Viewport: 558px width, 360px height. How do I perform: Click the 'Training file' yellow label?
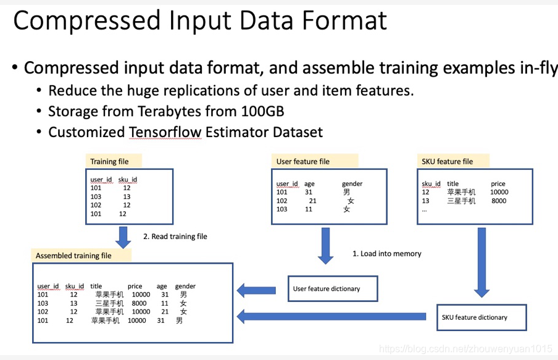(110, 161)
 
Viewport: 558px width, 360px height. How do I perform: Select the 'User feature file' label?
(303, 161)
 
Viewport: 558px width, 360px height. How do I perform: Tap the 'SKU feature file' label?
(447, 161)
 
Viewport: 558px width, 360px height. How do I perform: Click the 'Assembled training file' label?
(73, 255)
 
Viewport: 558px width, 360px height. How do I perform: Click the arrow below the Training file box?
(123, 237)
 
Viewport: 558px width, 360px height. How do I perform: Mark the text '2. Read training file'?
(175, 236)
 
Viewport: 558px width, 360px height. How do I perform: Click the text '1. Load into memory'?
(386, 253)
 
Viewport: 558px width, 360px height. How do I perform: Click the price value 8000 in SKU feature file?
(499, 201)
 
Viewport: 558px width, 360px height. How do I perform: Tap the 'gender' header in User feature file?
(352, 183)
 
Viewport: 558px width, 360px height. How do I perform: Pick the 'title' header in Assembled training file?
(96, 286)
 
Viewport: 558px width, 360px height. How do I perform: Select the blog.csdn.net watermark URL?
(465, 349)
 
